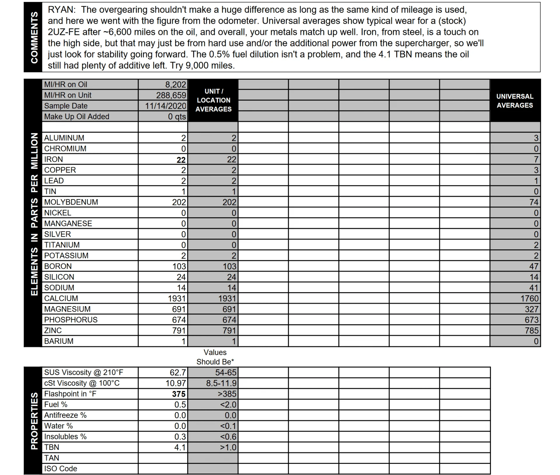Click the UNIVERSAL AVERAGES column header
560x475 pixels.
tap(515, 101)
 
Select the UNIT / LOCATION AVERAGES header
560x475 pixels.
tap(213, 100)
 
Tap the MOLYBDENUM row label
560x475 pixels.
tap(71, 202)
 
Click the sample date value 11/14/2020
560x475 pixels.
tap(165, 106)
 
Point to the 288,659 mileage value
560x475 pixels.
tap(171, 95)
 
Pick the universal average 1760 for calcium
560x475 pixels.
tap(529, 299)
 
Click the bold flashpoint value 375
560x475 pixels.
tap(178, 394)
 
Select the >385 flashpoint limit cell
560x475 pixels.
tap(227, 394)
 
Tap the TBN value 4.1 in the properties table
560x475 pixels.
tap(180, 448)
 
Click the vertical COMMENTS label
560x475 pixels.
tap(34, 37)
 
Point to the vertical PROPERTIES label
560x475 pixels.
tap(34, 421)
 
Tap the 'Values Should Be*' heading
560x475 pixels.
tap(215, 357)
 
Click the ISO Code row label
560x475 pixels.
tap(61, 469)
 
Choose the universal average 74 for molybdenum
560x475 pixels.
tap(534, 202)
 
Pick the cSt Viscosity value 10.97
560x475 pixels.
tap(176, 383)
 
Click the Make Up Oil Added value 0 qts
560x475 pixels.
tap(177, 117)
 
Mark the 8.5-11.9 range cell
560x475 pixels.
tap(221, 383)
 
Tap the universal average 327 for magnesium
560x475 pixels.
tap(531, 309)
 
